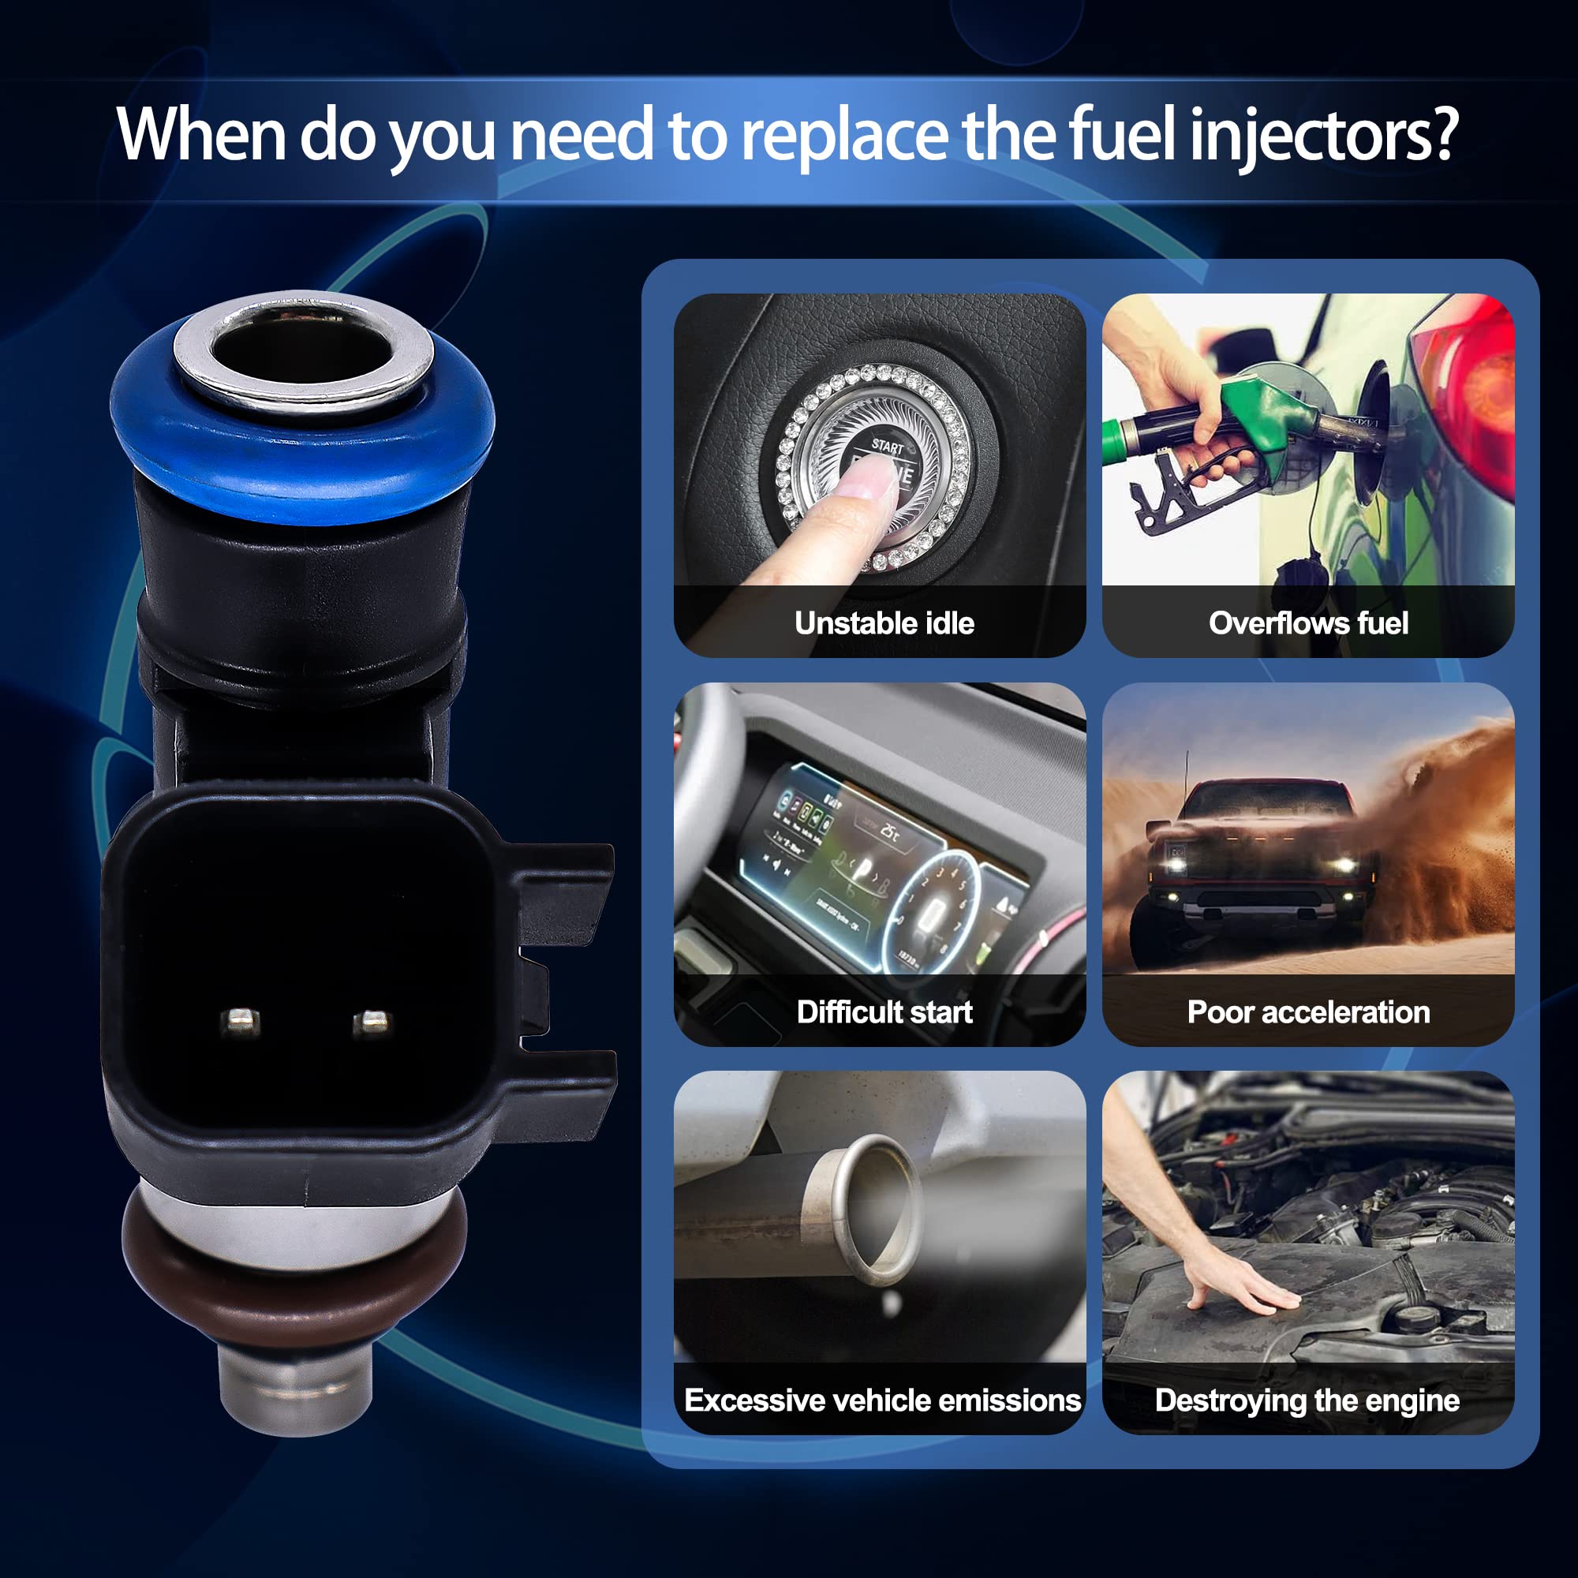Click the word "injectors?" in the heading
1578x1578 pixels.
[x=1323, y=136]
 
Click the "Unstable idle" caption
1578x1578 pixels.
[x=884, y=623]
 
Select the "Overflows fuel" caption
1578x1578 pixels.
[x=1308, y=623]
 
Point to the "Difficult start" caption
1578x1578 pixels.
[x=884, y=1012]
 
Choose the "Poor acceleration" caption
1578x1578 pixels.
[x=1308, y=1012]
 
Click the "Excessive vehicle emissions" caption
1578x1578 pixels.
[x=882, y=1400]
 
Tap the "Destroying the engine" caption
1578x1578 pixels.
[x=1307, y=1400]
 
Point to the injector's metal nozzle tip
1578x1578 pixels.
[x=297, y=1389]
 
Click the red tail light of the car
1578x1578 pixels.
[x=1470, y=392]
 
